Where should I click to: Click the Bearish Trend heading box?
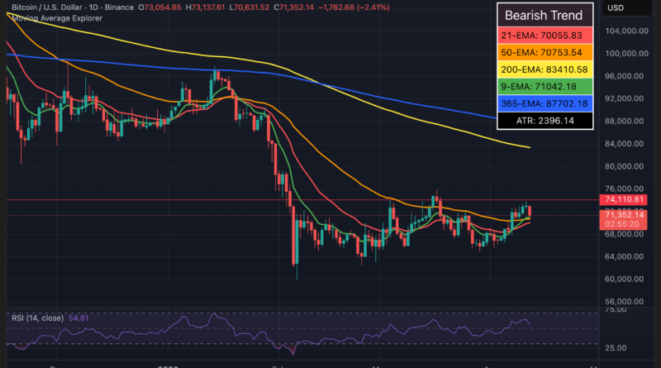click(x=544, y=15)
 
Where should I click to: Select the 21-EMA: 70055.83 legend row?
click(x=544, y=36)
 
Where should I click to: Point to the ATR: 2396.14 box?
click(x=544, y=121)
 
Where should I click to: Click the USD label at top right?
click(x=616, y=9)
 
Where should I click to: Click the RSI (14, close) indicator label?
click(x=36, y=317)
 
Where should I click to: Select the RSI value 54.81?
click(x=86, y=317)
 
